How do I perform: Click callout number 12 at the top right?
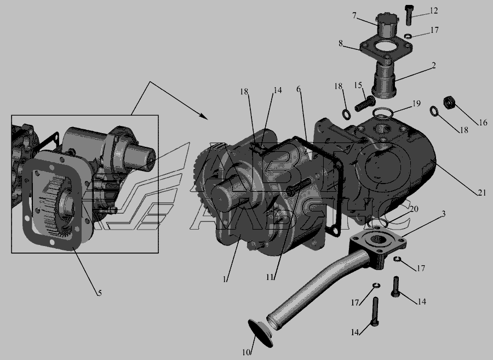point(434,11)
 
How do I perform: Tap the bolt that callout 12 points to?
point(409,16)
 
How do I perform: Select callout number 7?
point(354,15)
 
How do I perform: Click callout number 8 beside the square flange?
point(341,43)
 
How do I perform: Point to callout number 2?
point(434,65)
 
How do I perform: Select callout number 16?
point(483,122)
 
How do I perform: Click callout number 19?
point(417,104)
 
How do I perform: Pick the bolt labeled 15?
point(365,104)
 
